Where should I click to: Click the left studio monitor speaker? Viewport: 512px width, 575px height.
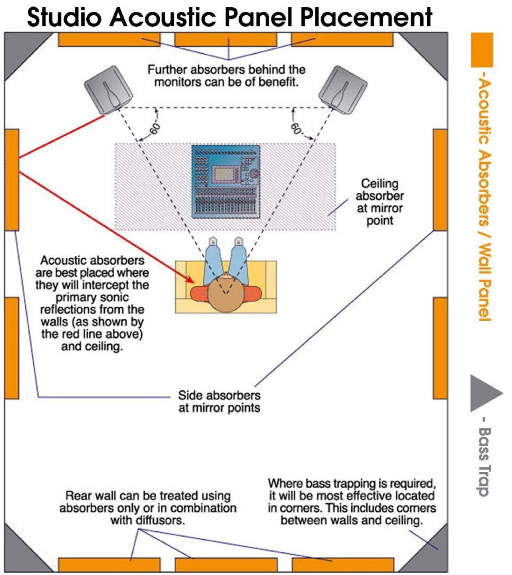108,90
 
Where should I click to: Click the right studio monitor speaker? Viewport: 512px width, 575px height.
342,90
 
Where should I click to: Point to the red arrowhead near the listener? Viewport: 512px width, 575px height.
191,279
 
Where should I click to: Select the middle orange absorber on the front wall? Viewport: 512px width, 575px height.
226,39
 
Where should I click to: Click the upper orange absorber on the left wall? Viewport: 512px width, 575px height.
12,179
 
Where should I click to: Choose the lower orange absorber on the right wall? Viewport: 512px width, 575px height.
440,348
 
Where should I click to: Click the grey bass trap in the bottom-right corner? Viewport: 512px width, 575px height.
431,552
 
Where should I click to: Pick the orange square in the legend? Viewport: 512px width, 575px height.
482,50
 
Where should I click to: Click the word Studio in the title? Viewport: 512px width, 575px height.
65,17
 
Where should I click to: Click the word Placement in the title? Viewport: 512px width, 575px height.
366,17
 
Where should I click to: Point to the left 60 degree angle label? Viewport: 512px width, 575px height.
155,129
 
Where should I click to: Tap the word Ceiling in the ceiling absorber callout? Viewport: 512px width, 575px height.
379,184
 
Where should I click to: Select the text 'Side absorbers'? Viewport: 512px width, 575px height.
219,395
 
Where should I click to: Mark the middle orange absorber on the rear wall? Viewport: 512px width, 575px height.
226,565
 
